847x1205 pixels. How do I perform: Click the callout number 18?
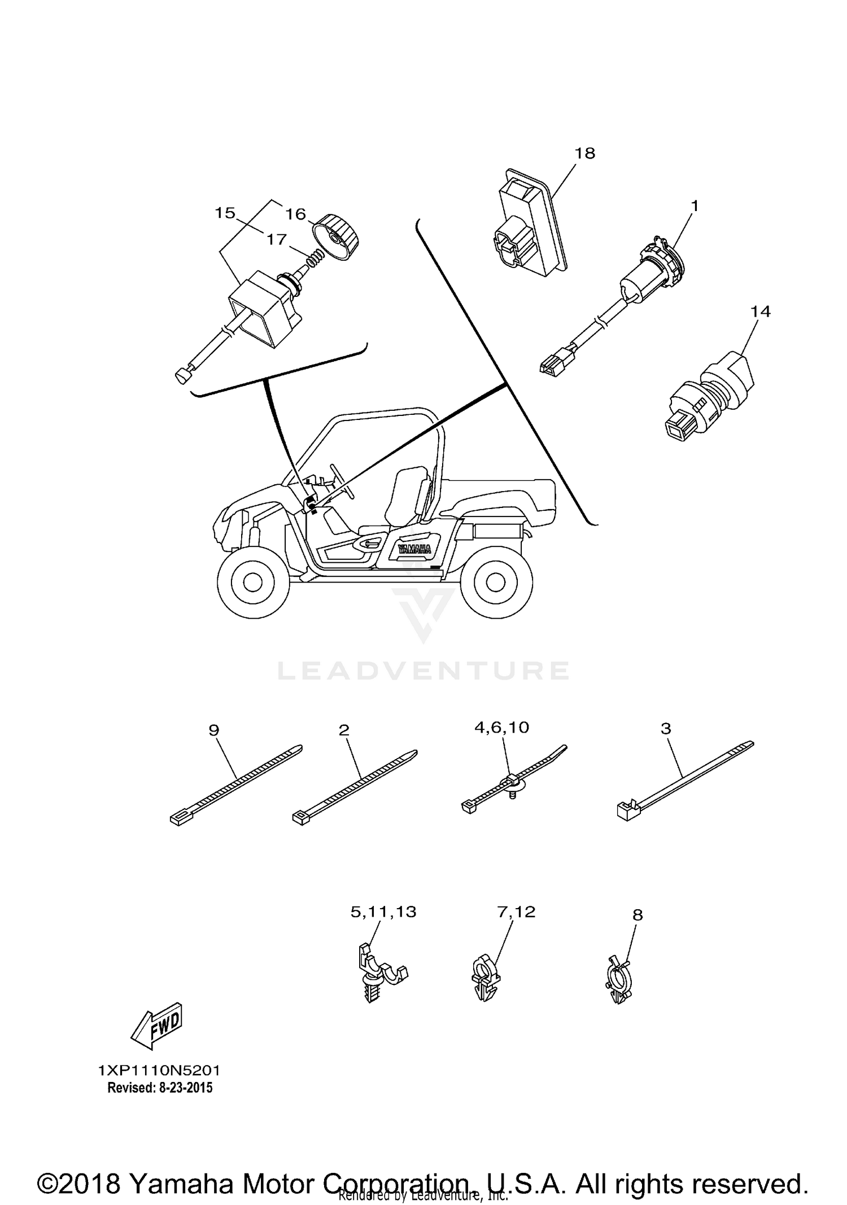coord(585,153)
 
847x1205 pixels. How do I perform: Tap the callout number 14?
coord(761,311)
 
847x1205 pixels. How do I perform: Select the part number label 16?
coord(295,214)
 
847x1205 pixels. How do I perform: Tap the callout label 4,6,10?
coord(502,728)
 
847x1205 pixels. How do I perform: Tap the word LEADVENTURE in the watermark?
coord(423,671)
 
